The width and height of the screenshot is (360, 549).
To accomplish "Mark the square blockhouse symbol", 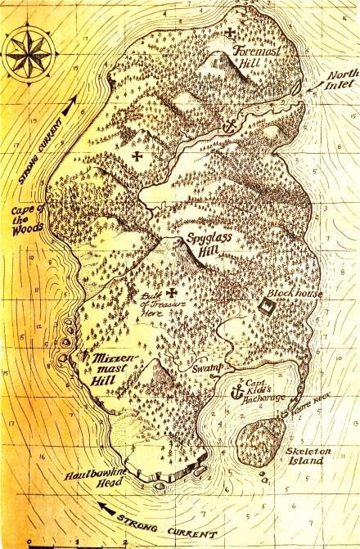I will tap(267, 304).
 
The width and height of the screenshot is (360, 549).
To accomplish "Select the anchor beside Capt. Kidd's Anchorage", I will tap(239, 391).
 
